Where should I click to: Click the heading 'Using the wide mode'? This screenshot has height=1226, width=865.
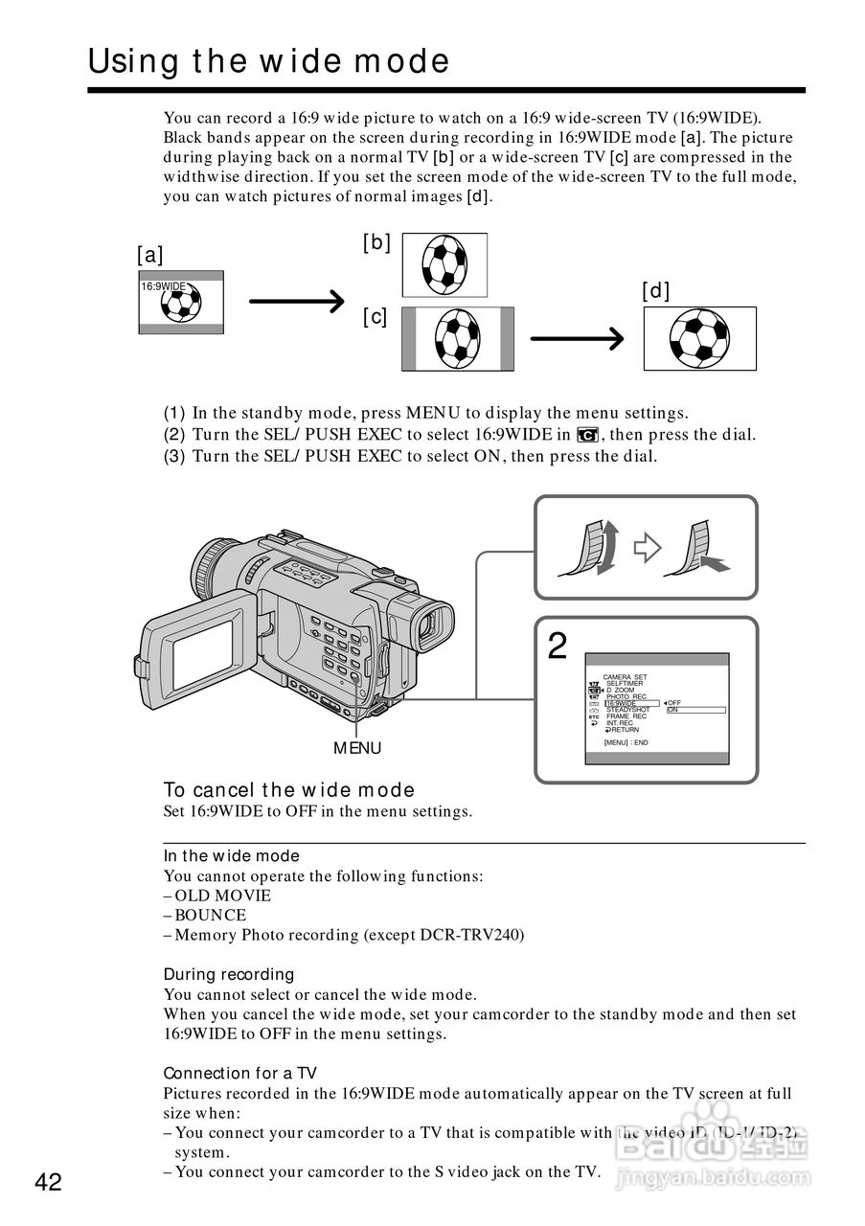click(268, 62)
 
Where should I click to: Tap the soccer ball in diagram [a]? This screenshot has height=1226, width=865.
click(181, 304)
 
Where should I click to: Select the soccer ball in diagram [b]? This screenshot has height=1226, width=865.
click(444, 264)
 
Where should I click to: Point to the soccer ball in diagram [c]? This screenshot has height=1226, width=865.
click(457, 339)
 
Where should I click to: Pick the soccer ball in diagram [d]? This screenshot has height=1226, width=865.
click(699, 338)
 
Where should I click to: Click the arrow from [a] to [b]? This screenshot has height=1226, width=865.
click(296, 302)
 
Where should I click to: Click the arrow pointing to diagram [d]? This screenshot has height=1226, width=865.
click(576, 338)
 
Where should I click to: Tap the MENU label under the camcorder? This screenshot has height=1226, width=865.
click(357, 748)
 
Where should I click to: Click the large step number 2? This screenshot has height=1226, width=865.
click(558, 647)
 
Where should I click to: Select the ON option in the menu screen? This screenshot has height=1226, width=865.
click(673, 710)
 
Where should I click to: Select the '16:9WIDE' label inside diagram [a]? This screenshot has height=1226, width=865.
click(163, 287)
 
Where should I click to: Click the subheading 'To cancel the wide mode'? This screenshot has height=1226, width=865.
click(288, 790)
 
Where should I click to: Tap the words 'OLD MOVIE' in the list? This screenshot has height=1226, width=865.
click(222, 896)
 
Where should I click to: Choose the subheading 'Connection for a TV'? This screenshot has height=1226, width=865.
click(239, 1074)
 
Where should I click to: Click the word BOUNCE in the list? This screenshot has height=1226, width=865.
click(210, 915)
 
